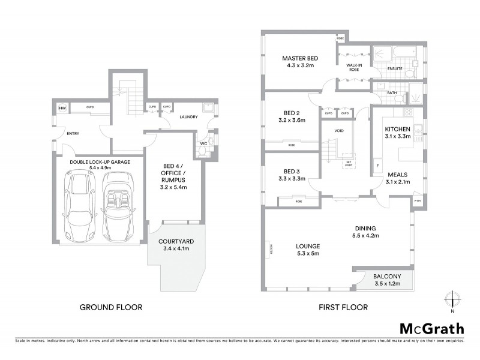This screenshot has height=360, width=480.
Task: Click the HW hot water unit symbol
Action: click(x=62, y=109)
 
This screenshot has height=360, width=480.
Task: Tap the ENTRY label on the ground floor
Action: click(x=73, y=134)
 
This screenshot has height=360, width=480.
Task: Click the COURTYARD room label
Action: click(x=175, y=242)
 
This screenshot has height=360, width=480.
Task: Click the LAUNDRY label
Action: click(x=188, y=118)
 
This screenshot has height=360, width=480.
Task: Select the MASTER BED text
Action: click(x=300, y=58)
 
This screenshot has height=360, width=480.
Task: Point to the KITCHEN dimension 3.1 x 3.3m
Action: click(x=397, y=137)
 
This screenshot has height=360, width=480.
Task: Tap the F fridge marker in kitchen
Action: click(x=377, y=164)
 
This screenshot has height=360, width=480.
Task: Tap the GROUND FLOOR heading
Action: click(x=112, y=307)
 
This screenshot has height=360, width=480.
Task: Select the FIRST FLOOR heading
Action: click(x=344, y=307)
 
